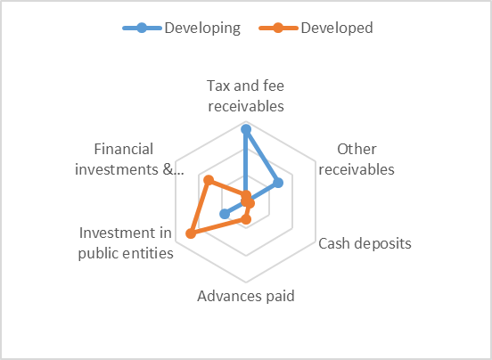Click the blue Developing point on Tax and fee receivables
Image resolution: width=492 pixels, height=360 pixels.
tap(246, 129)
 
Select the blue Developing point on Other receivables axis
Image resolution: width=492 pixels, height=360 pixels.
tap(278, 183)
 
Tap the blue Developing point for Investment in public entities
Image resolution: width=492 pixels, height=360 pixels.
tap(225, 214)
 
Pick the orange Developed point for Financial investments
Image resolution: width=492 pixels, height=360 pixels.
tap(209, 180)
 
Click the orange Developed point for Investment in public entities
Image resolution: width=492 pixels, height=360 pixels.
tap(191, 233)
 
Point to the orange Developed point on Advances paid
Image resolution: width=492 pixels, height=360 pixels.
tap(246, 219)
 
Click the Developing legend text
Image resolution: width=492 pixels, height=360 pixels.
tap(202, 28)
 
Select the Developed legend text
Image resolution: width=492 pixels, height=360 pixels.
tap(337, 28)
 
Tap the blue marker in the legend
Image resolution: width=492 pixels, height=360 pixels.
tap(142, 28)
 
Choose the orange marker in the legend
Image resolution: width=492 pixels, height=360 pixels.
tap(278, 28)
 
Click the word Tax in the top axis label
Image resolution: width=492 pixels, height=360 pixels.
tap(218, 86)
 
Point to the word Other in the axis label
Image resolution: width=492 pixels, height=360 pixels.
tap(357, 149)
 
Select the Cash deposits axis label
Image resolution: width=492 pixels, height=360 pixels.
tap(365, 243)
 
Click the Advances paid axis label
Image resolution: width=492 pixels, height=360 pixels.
tap(246, 296)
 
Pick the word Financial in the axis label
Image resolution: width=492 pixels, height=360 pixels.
tap(124, 149)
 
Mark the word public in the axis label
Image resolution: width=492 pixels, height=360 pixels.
tap(98, 254)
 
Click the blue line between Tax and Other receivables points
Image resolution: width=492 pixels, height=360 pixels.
tap(262, 156)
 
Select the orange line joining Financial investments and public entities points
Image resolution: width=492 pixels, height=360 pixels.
tap(200, 207)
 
